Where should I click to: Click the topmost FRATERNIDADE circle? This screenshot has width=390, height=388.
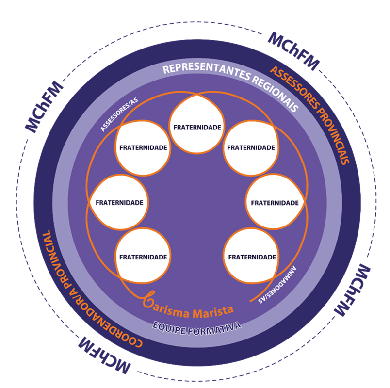[x=197, y=128]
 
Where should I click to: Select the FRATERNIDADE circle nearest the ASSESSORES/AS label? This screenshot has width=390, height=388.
[x=143, y=147]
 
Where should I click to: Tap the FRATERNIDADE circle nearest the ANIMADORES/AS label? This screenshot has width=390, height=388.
[x=252, y=257]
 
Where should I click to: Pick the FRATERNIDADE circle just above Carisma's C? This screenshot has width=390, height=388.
[x=143, y=257]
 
